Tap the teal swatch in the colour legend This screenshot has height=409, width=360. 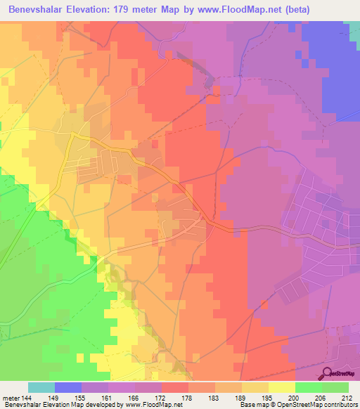coord(41,387)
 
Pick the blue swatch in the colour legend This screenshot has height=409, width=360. coord(68,387)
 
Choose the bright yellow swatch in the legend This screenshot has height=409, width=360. coord(281,387)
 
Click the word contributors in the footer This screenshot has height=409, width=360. coord(341,405)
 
